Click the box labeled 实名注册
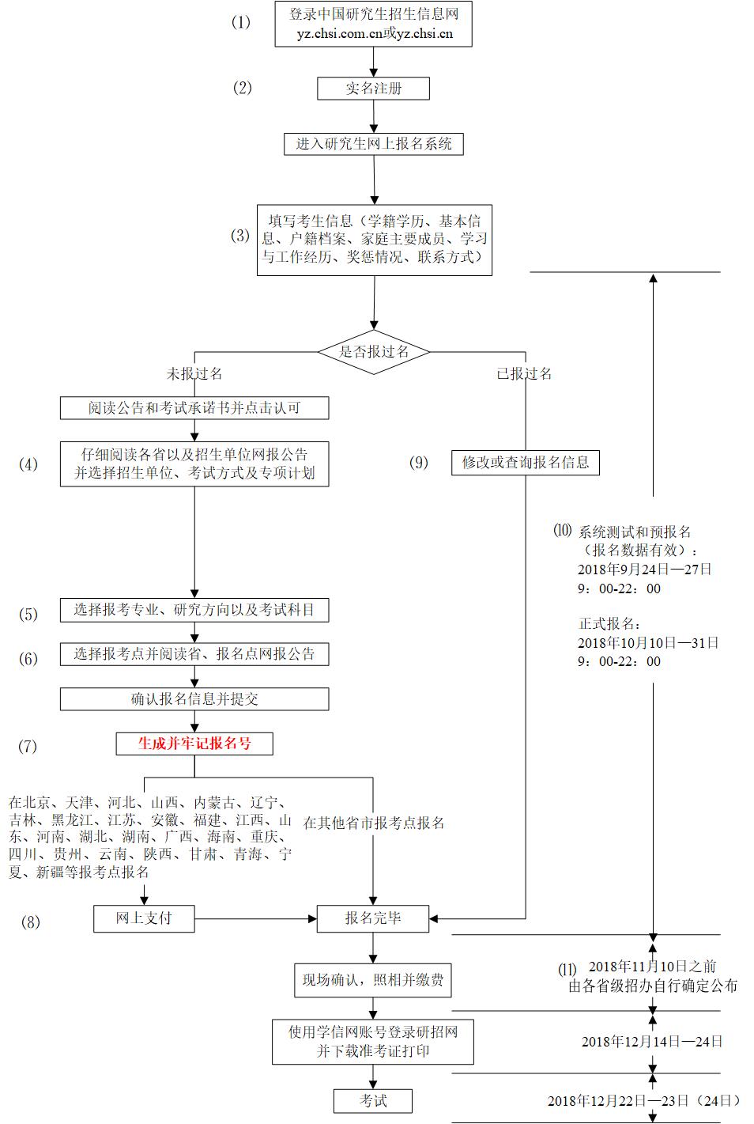[x=373, y=89]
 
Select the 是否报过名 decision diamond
[x=374, y=351]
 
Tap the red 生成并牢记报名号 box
[x=194, y=744]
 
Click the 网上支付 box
[x=144, y=918]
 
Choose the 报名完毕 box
[x=373, y=918]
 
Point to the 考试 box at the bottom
[x=373, y=1100]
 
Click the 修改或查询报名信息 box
[x=526, y=462]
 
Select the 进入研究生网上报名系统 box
[x=374, y=144]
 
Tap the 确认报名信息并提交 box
[x=194, y=699]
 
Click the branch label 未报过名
[x=194, y=373]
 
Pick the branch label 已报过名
[x=524, y=373]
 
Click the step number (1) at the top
[x=241, y=22]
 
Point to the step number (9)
[x=419, y=463]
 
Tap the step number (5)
[x=28, y=615]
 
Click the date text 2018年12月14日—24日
[x=652, y=1041]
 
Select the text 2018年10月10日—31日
[x=648, y=643]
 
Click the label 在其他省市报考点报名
[x=374, y=823]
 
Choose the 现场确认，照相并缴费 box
[x=373, y=981]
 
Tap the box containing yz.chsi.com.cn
[x=374, y=25]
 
